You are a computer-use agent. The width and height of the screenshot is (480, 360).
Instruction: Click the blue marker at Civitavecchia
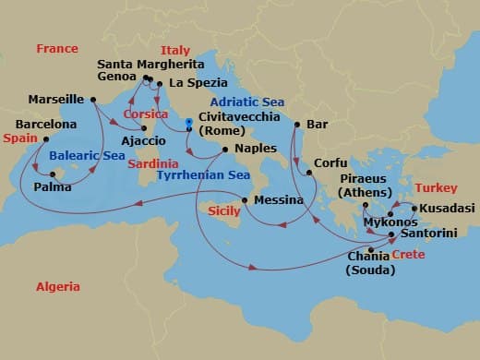pos(187,121)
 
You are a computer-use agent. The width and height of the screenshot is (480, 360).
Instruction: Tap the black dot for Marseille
pos(93,100)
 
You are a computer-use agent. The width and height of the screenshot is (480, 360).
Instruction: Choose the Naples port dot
pos(225,148)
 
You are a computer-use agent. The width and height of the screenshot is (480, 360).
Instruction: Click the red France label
pos(57,49)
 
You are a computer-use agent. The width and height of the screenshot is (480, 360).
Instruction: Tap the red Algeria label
pos(57,287)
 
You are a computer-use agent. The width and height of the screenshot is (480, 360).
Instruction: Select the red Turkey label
pos(436,187)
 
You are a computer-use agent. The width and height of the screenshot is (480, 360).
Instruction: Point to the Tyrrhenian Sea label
pos(203,174)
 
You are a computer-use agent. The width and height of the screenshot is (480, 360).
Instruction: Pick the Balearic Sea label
pos(88,156)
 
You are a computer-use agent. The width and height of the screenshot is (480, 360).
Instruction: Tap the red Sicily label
pos(222,211)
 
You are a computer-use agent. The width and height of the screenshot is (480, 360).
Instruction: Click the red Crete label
pos(408,254)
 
